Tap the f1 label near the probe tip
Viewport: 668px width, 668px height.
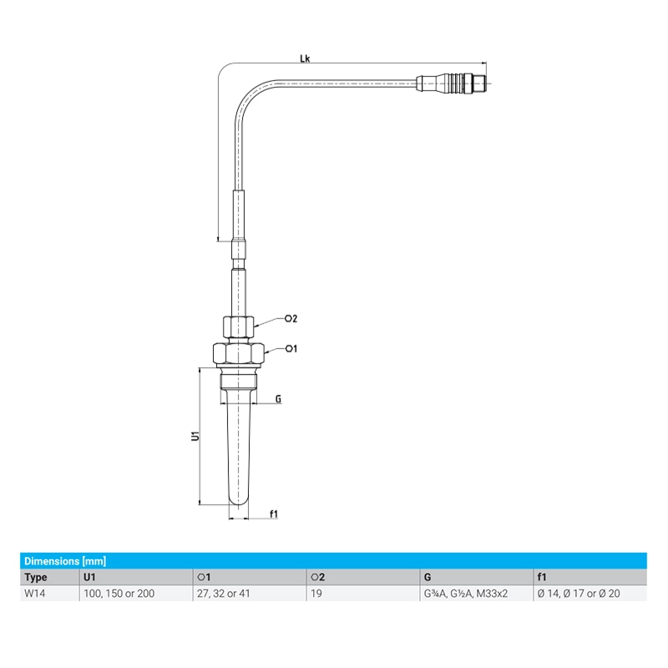(x=273, y=514)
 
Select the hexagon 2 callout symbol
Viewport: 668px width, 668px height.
(x=291, y=318)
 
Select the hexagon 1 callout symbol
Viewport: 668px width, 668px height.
(x=291, y=348)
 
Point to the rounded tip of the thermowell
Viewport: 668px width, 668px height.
(x=238, y=500)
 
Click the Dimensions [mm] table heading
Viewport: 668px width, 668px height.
(x=65, y=561)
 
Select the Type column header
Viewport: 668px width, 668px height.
(x=37, y=577)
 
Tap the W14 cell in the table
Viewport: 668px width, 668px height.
(x=36, y=593)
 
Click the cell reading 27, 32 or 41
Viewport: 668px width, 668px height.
(x=224, y=593)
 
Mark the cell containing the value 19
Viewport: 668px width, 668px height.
(x=316, y=593)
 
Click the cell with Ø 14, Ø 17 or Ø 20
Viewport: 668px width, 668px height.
(x=580, y=593)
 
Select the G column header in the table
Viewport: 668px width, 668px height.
(x=428, y=577)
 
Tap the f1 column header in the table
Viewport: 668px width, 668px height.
(x=542, y=577)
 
